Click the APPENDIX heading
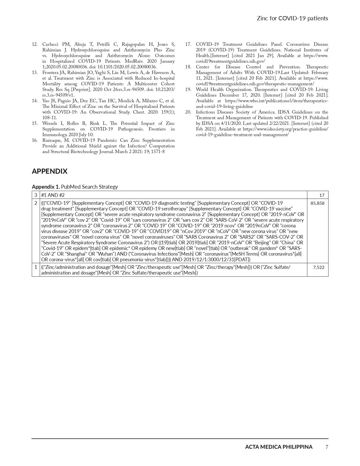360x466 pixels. tap(50, 171)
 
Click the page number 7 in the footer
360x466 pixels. tap(327, 447)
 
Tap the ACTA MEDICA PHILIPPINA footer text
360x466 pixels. tap(279, 447)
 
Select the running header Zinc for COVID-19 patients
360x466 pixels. tap(292, 18)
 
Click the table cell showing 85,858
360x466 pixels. tap(317, 203)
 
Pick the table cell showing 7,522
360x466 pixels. tap(318, 267)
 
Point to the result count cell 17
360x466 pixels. tap(322, 195)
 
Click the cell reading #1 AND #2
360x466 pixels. tap(53, 195)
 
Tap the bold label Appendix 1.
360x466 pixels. tap(46, 187)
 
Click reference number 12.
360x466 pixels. tap(35, 44)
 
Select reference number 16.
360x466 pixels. tap(35, 140)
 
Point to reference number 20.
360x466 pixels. tap(188, 112)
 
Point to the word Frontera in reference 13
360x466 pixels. tap(51, 73)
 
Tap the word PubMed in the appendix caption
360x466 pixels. tap(70, 187)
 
